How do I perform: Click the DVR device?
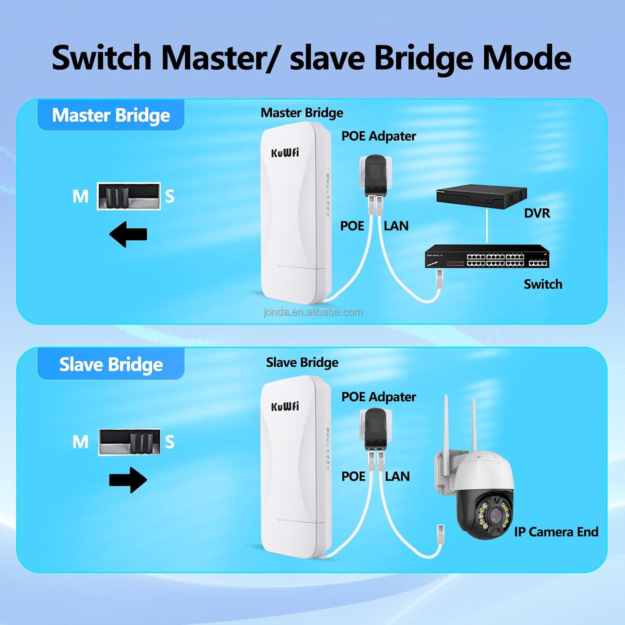coord(481,197)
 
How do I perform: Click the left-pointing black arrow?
coord(128,234)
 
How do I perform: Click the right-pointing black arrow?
coord(128,480)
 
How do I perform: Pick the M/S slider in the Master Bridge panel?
coord(128,196)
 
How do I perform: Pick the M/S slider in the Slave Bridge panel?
coord(129,442)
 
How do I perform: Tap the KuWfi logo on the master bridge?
coord(285,152)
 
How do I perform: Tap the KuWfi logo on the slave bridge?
coord(285,406)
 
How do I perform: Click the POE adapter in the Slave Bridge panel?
coord(375,429)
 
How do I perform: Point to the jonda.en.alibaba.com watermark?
coord(313,312)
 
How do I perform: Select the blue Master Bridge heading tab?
coord(111,115)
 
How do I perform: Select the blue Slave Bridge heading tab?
coord(111,364)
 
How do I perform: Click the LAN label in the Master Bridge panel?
coord(396,226)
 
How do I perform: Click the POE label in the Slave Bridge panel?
coord(353,476)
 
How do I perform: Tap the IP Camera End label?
coord(556,532)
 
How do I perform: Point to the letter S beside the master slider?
coord(170,196)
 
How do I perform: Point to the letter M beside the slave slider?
coord(80,442)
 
